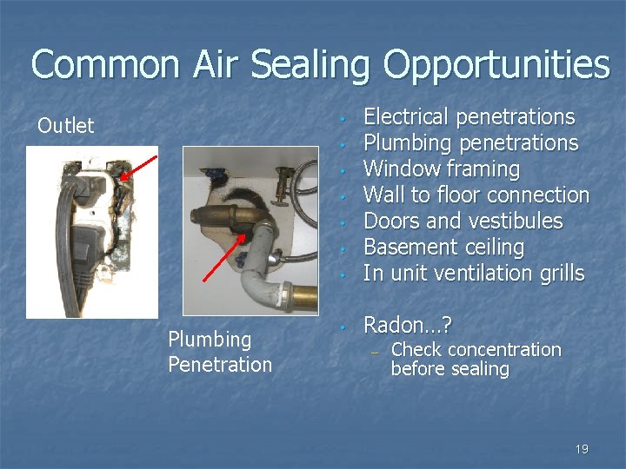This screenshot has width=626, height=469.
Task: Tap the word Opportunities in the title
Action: (x=497, y=66)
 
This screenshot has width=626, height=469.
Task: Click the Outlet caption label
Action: (x=65, y=126)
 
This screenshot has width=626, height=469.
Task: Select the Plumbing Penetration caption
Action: (x=220, y=352)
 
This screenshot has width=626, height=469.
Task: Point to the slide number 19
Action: (x=582, y=449)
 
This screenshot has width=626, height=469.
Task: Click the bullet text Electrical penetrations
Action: (x=469, y=117)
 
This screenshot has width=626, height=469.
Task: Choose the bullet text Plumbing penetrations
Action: (x=470, y=143)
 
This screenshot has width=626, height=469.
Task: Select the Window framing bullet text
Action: (x=441, y=169)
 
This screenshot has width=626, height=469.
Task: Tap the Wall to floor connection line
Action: (x=476, y=195)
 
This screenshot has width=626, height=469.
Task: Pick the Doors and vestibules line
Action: (x=463, y=221)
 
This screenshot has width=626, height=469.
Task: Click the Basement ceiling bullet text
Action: (x=443, y=248)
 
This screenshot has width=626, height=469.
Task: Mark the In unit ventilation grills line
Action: (x=474, y=274)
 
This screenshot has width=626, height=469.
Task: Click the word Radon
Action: (x=396, y=326)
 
